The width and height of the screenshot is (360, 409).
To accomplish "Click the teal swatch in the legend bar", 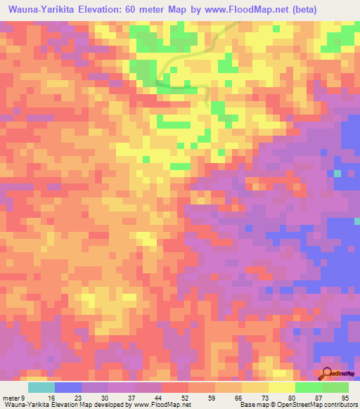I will [x=41, y=387].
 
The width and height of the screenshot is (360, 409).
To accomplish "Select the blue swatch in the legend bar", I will [x=68, y=387].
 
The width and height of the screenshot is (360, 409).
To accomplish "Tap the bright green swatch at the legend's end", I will [x=335, y=387].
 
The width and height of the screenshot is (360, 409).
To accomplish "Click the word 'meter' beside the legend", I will [x=10, y=397].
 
